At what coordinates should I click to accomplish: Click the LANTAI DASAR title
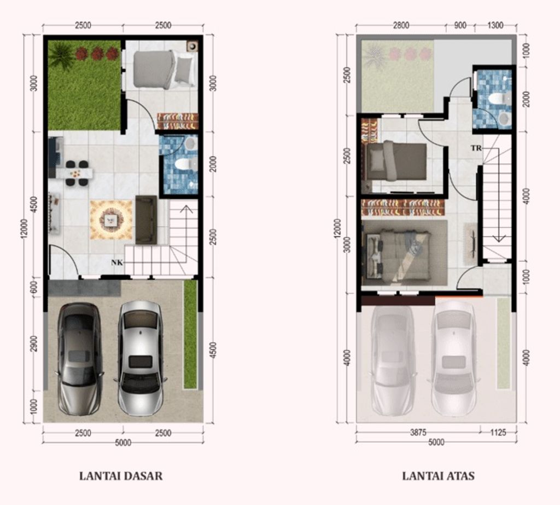point(121,476)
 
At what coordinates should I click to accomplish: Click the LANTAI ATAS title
point(438,476)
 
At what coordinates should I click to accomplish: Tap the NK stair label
point(117,262)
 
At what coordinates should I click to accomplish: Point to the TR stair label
point(476,148)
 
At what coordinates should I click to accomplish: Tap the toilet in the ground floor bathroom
point(185,164)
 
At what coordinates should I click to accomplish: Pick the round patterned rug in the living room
point(110,220)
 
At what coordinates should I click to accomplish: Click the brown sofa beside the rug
point(146,220)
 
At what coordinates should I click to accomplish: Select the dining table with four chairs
point(75,173)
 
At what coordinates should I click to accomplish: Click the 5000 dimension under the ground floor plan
point(123,443)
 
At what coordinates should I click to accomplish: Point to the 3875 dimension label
point(418,432)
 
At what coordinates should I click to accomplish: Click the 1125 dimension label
point(498,432)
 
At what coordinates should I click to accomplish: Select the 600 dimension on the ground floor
point(34,287)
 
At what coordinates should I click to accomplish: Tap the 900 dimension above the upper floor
point(460,25)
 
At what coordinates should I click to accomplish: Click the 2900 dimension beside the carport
point(34,344)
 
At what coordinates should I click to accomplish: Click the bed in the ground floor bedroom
point(164,69)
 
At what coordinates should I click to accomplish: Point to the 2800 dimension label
point(401,25)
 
